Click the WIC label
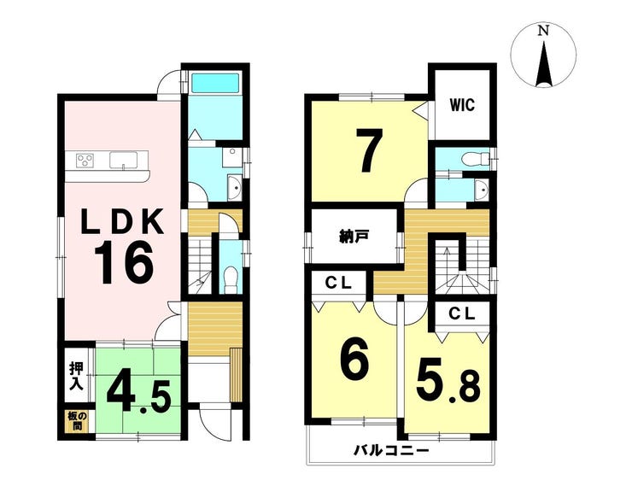[x=462, y=105]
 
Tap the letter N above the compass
[x=544, y=31]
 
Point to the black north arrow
[x=544, y=64]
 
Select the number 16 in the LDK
[x=123, y=262]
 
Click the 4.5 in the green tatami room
[x=139, y=395]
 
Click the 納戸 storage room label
[x=353, y=237]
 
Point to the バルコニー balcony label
[x=391, y=450]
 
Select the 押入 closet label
[x=76, y=376]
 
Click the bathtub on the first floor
[x=215, y=83]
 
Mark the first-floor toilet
[x=230, y=279]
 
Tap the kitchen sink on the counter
[x=123, y=161]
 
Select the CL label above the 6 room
[x=338, y=284]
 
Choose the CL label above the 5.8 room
[x=462, y=313]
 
